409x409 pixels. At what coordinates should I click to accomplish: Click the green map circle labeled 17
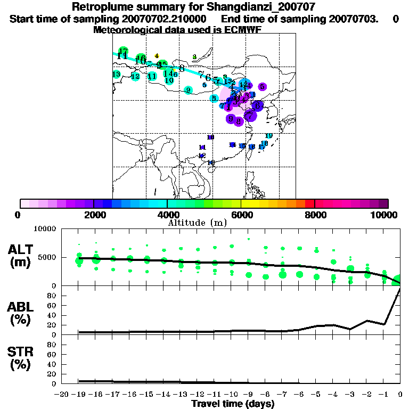(x=123, y=51)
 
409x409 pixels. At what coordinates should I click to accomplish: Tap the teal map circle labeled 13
(x=116, y=75)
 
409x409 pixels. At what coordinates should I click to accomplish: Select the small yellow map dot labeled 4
(x=157, y=56)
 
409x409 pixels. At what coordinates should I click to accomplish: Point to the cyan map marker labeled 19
(x=269, y=136)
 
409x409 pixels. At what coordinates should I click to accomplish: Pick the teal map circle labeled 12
(x=135, y=76)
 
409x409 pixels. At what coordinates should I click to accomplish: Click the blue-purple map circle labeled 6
(x=258, y=105)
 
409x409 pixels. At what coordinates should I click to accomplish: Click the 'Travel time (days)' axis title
(x=233, y=404)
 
